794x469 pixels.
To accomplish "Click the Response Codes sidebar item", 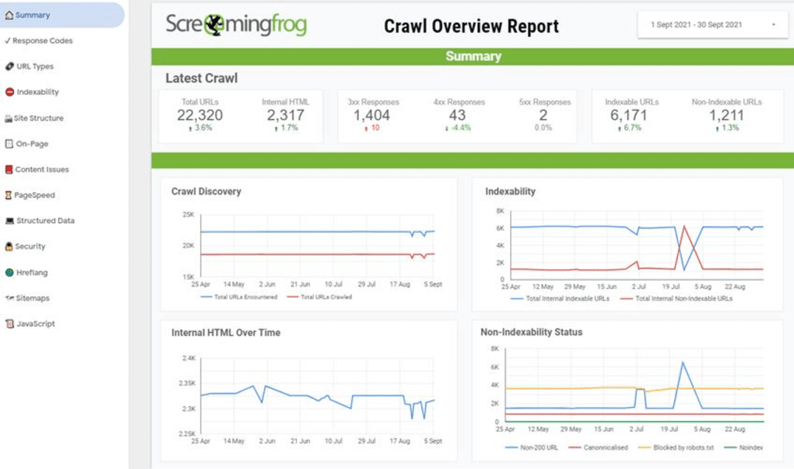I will (42, 40).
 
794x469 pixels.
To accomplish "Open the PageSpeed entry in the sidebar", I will (35, 195).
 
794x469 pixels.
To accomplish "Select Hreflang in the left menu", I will (32, 272).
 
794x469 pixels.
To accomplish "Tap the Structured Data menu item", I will (45, 221).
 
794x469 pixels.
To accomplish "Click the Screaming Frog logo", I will (236, 25).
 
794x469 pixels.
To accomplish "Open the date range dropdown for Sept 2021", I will (712, 25).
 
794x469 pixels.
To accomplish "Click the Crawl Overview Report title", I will (471, 27).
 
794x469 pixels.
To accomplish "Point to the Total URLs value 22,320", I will (200, 115).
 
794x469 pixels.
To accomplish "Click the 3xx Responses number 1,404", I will (371, 115).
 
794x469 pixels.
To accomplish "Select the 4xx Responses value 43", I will (457, 115).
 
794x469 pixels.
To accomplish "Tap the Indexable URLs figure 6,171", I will (632, 115).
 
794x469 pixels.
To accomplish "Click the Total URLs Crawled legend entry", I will (325, 297).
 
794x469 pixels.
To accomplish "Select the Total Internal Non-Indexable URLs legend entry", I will (681, 299).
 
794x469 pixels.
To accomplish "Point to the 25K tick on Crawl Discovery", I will (187, 214).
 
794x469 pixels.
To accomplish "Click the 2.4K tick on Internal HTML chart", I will (187, 359).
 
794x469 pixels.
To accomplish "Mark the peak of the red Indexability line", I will (684, 226).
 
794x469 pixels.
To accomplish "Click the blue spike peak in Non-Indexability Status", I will (683, 362).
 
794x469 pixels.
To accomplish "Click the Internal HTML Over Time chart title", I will (226, 333).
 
